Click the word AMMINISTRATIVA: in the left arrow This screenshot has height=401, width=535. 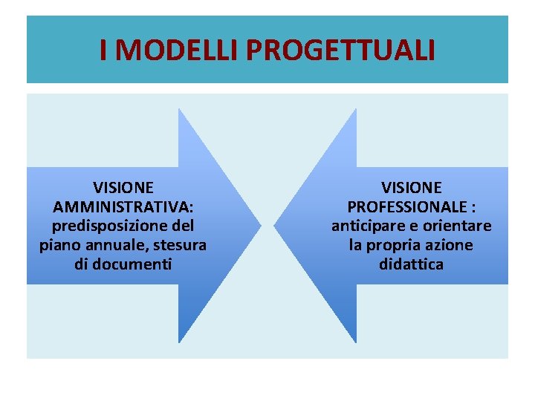point(123,206)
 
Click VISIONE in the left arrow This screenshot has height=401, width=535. point(123,187)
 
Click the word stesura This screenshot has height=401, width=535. point(181,244)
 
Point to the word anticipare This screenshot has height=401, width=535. point(366,225)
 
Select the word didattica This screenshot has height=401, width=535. point(411,264)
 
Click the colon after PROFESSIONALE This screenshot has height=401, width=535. point(473,206)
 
